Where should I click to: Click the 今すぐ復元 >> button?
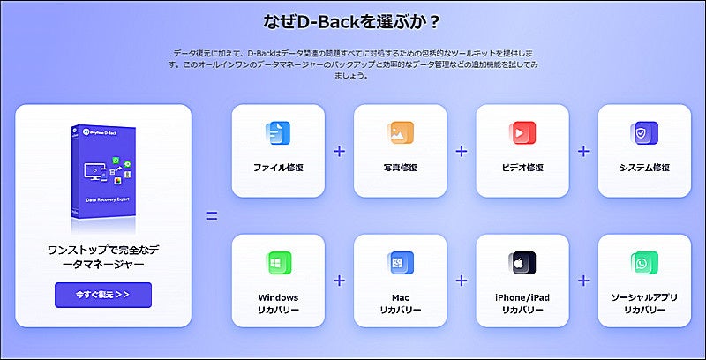tap(102, 294)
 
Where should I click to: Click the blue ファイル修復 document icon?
tap(278, 134)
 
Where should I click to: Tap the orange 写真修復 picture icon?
tap(400, 134)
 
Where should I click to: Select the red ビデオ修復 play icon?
tap(522, 134)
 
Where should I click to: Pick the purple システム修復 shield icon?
tap(643, 134)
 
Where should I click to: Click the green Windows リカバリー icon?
tap(278, 264)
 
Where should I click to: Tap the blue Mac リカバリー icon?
tap(400, 264)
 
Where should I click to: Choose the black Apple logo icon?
tap(522, 264)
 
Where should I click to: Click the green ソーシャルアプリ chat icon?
tap(643, 264)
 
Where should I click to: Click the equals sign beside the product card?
tap(211, 215)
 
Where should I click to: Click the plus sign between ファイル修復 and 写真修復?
tap(339, 151)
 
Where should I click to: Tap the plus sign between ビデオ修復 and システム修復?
tap(582, 151)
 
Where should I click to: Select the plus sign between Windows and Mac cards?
tap(339, 281)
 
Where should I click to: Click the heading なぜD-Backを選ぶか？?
tap(353, 20)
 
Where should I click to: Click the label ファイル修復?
tap(278, 168)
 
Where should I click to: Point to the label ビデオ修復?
tap(522, 168)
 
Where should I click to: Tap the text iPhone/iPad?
tap(522, 297)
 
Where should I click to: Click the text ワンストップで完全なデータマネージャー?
tap(102, 257)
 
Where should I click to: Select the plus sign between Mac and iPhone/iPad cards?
tap(461, 281)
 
